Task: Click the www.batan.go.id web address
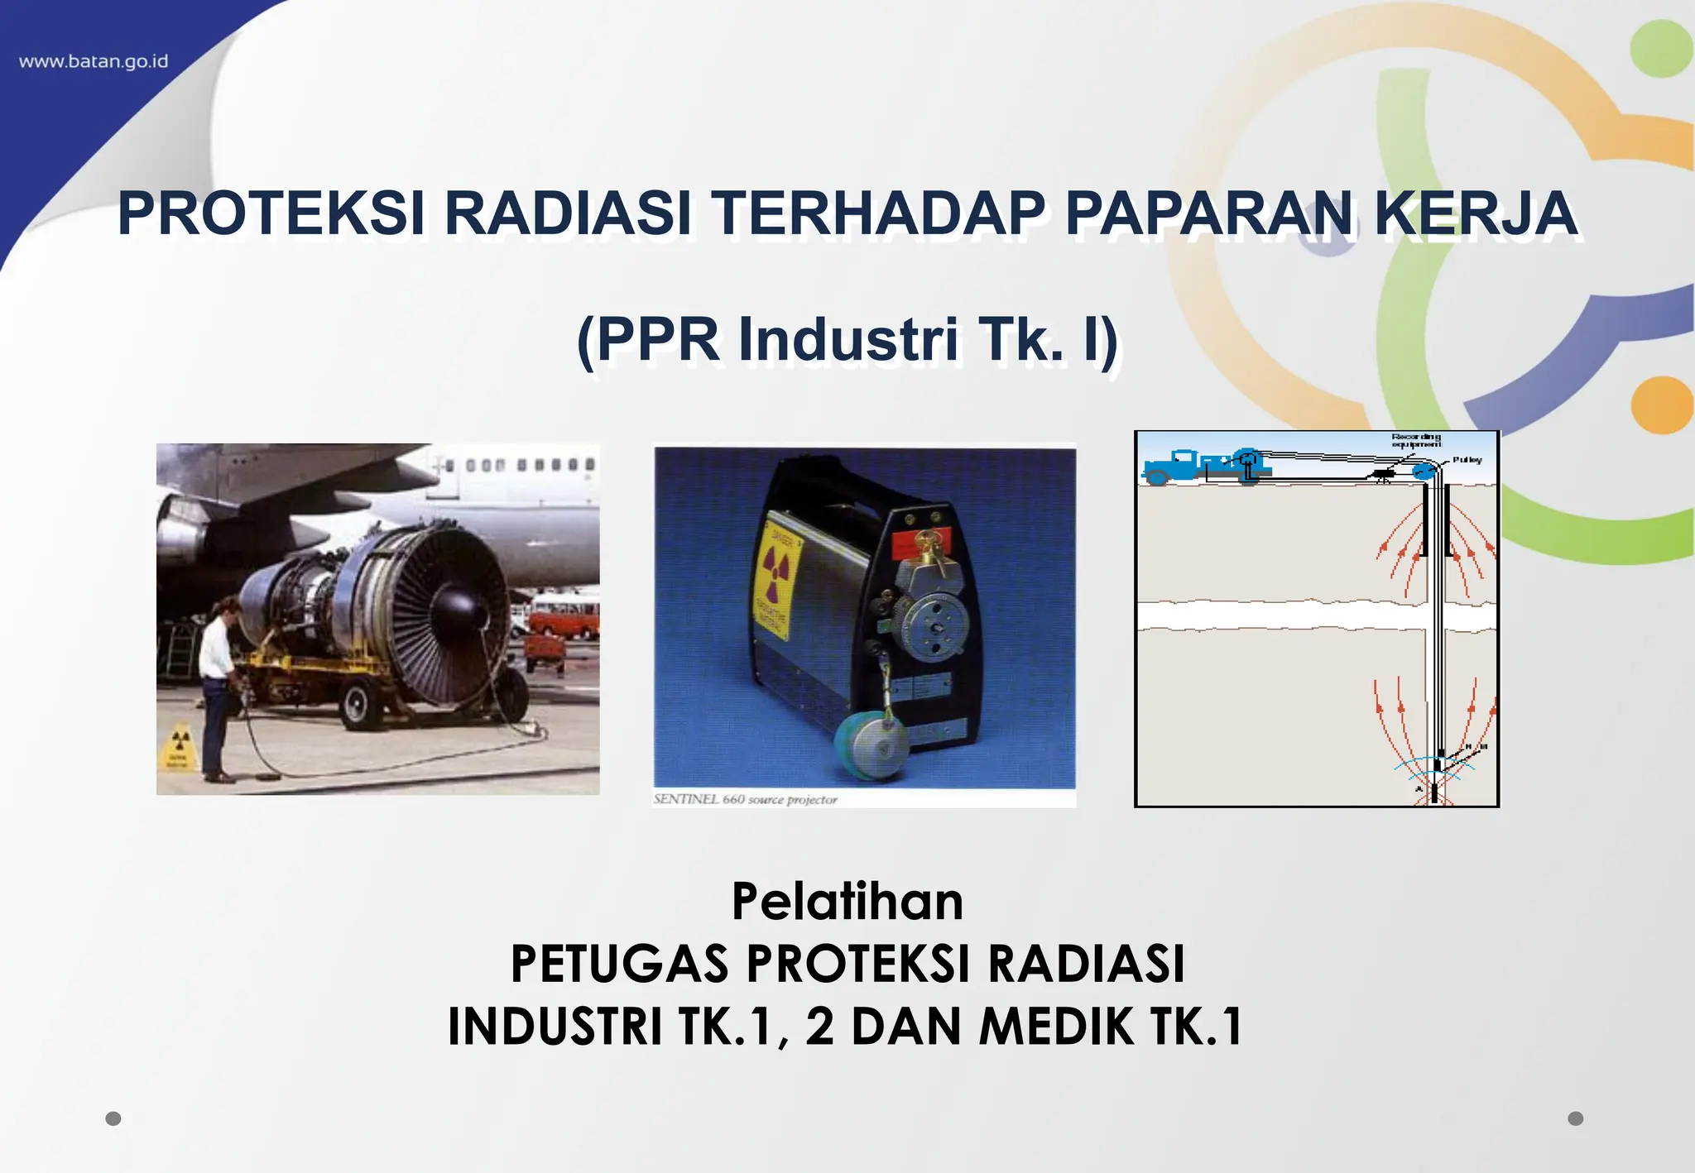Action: click(x=94, y=62)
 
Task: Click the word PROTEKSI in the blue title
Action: click(x=271, y=213)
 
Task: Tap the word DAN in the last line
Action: click(x=905, y=1027)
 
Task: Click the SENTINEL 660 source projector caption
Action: click(x=745, y=800)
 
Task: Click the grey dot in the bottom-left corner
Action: click(x=113, y=1118)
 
